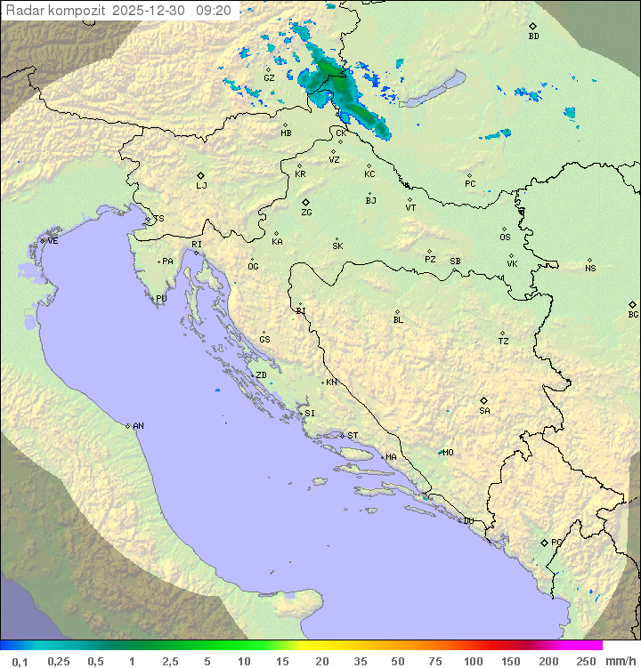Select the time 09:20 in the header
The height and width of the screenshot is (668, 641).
215,11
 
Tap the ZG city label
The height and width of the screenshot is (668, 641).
306,213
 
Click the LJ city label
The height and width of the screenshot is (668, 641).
201,186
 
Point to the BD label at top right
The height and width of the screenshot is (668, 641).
533,36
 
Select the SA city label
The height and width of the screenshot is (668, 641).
484,410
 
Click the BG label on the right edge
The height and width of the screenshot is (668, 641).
633,314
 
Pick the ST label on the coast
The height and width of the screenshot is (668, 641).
353,436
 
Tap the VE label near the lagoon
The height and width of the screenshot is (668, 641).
53,241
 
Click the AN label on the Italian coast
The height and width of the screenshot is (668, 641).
138,426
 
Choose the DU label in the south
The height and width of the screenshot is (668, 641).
467,521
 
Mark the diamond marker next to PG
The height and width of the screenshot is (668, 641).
545,542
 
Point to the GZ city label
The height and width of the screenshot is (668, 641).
269,78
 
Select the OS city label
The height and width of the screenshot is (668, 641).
505,237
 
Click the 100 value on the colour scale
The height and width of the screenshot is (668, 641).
473,661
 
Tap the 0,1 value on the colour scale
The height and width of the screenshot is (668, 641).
20,661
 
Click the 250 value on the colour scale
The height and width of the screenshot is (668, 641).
586,661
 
